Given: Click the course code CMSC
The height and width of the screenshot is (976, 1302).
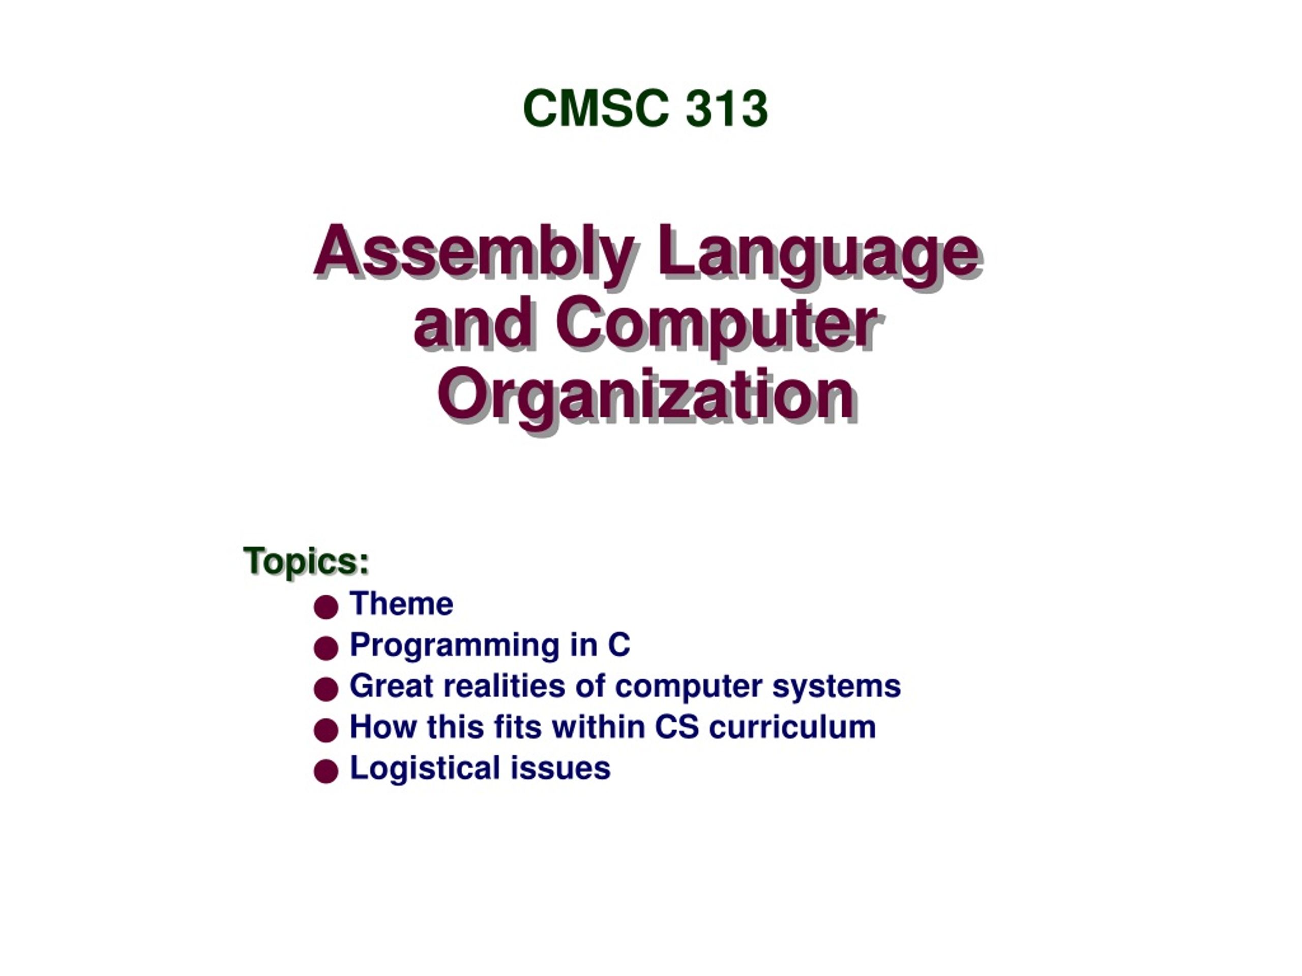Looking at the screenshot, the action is [596, 108].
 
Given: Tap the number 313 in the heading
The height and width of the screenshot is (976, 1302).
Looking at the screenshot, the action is [727, 108].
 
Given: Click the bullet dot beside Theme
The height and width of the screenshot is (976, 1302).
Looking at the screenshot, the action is [326, 606].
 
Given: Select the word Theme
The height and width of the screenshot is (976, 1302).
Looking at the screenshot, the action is [401, 603].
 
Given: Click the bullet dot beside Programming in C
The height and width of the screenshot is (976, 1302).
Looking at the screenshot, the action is [326, 648].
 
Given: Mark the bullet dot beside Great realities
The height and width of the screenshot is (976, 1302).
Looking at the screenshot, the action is [326, 689].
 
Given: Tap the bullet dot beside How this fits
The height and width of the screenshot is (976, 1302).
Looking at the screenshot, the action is [326, 730].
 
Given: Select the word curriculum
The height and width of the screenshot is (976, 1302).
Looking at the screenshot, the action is [793, 727].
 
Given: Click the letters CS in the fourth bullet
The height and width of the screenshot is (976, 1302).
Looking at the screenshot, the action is [677, 727].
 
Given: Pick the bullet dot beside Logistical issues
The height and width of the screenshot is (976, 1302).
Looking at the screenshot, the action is [326, 771].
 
